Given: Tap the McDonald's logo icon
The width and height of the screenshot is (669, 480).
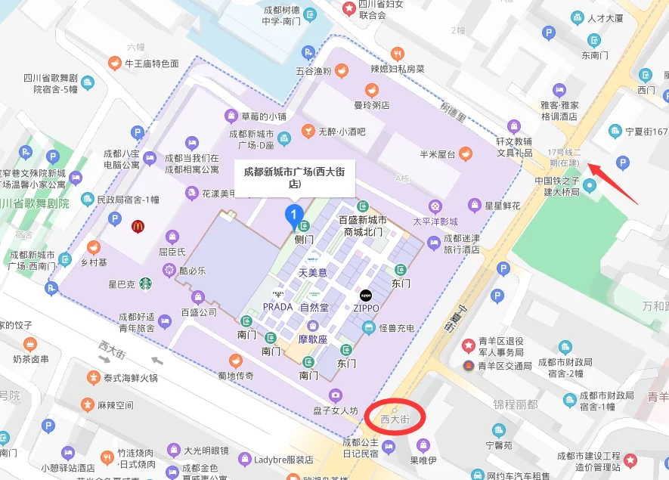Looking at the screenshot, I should (138, 225).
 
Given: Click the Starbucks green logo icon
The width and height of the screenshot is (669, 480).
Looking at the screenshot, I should (144, 283).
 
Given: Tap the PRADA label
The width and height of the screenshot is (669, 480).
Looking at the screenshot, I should (277, 307).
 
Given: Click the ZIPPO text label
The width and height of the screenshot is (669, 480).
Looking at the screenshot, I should (366, 308).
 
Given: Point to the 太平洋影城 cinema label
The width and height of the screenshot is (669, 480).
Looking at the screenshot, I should (435, 221).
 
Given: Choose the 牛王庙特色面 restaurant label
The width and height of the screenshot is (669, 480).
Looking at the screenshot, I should (151, 63).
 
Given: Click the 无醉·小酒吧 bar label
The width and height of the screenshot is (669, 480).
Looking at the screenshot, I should (341, 132).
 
